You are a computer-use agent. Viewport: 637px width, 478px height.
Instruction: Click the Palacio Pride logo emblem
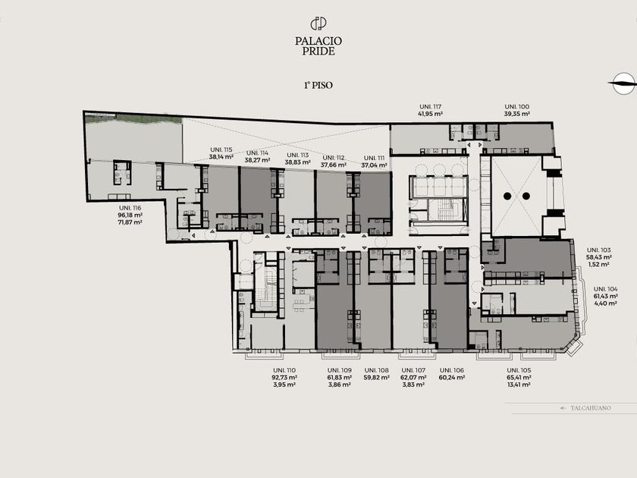[x=318, y=24]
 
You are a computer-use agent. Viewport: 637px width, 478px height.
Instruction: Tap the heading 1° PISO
[x=318, y=85]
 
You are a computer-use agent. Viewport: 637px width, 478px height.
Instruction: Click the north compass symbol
[x=623, y=83]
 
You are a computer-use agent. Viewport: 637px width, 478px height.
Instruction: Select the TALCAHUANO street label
[x=590, y=408]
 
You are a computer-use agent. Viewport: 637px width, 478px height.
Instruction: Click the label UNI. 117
[x=430, y=107]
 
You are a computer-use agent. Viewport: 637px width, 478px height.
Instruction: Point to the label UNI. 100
[x=516, y=107]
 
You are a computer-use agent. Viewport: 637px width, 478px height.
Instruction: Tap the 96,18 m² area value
[x=130, y=215]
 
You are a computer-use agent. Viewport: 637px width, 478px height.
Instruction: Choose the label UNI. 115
[x=221, y=149]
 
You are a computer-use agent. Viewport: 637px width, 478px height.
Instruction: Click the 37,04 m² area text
[x=374, y=165]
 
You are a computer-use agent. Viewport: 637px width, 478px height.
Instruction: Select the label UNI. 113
[x=298, y=156]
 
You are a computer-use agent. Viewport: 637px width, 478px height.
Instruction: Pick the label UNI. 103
[x=599, y=250]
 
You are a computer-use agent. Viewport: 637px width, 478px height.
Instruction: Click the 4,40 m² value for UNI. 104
[x=606, y=303]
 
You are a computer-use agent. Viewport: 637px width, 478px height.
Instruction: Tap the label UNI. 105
[x=519, y=370]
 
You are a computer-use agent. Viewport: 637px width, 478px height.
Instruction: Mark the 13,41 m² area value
[x=519, y=385]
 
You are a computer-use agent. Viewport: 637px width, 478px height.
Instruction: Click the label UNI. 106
[x=452, y=370]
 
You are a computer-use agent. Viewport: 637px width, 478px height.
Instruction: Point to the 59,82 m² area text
[x=377, y=378]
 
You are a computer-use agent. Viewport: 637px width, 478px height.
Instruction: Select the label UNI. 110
[x=284, y=370]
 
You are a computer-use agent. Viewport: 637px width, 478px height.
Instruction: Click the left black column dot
[x=507, y=197]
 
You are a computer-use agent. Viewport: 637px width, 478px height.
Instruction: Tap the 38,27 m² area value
[x=258, y=160]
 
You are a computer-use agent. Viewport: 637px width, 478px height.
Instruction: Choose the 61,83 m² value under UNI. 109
[x=340, y=378]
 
